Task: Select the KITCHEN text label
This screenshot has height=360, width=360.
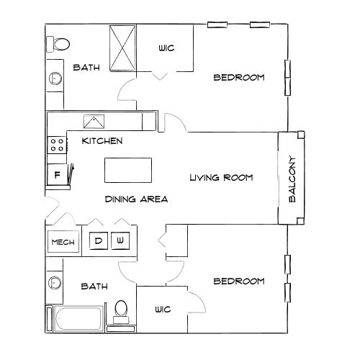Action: [x=102, y=140]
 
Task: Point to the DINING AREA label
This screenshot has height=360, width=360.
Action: [x=136, y=199]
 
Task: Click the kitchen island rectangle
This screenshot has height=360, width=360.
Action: [x=129, y=170]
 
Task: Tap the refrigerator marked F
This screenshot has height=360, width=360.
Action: [x=56, y=175]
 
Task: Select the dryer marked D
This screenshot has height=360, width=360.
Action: [x=98, y=240]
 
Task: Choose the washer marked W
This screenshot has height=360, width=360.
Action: [x=121, y=240]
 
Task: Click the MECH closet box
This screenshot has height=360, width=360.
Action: [x=61, y=242]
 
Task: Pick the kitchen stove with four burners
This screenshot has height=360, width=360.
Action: [x=56, y=146]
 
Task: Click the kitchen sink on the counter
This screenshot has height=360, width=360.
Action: [x=94, y=121]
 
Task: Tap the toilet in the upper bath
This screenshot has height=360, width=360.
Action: [x=59, y=42]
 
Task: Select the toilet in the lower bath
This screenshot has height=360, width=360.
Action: [x=120, y=310]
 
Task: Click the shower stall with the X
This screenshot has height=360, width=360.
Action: [x=122, y=48]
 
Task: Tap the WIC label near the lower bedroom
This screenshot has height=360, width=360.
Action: [x=162, y=310]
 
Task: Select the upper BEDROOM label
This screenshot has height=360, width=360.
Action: [x=238, y=77]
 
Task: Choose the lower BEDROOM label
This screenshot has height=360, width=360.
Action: [x=238, y=281]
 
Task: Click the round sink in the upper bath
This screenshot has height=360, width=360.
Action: [x=54, y=78]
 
